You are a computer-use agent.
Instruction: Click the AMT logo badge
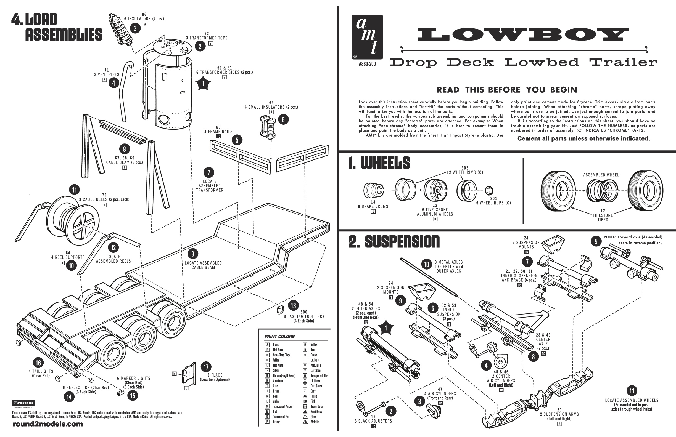pos(367,37)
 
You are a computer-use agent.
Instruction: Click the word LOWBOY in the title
pos(523,35)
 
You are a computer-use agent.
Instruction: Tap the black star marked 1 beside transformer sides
pos(203,84)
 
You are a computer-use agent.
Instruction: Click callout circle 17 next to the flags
pos(206,367)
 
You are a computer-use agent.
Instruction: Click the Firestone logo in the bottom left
pos(23,403)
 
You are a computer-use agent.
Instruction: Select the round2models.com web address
pos(48,424)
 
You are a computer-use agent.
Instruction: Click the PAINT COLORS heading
pos(279,337)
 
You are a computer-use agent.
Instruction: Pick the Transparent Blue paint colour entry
pos(319,376)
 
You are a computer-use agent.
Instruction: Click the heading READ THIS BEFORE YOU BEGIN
pos(507,90)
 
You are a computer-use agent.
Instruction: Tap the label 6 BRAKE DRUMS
pos(373,207)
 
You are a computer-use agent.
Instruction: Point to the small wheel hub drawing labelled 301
pos(489,190)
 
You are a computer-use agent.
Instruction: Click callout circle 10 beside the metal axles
pos(426,265)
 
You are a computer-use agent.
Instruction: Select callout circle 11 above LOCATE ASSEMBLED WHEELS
pos(632,391)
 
